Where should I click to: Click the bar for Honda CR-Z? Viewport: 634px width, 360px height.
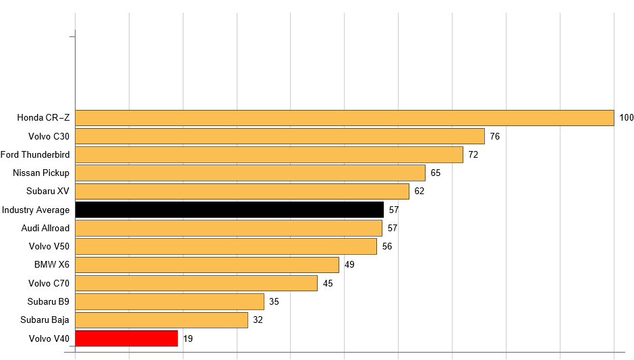(344, 118)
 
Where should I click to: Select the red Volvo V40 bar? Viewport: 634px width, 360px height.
(126, 338)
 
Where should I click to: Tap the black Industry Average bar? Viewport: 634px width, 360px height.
(229, 210)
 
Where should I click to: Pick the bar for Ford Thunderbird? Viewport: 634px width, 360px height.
(268, 155)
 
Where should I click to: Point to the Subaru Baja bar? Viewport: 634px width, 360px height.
(161, 320)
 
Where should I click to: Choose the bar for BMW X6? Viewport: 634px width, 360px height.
(206, 265)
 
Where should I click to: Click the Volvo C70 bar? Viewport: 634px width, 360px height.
(196, 283)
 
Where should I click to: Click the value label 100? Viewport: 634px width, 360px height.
(627, 118)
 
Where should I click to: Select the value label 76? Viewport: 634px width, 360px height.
(495, 136)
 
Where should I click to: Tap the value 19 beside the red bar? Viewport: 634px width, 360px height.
(188, 338)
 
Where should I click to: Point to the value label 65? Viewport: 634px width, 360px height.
(436, 173)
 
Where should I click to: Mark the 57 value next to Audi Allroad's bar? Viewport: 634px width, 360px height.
(393, 228)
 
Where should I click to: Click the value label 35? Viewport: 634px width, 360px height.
(274, 301)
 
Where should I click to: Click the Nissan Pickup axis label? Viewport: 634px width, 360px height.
(41, 173)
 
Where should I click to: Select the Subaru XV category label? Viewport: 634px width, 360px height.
(48, 191)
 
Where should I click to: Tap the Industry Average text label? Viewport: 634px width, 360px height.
(36, 210)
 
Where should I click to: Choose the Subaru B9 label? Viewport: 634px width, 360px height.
(49, 301)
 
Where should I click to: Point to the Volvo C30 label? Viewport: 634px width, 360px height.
(49, 136)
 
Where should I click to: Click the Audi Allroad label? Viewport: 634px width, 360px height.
(45, 228)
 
